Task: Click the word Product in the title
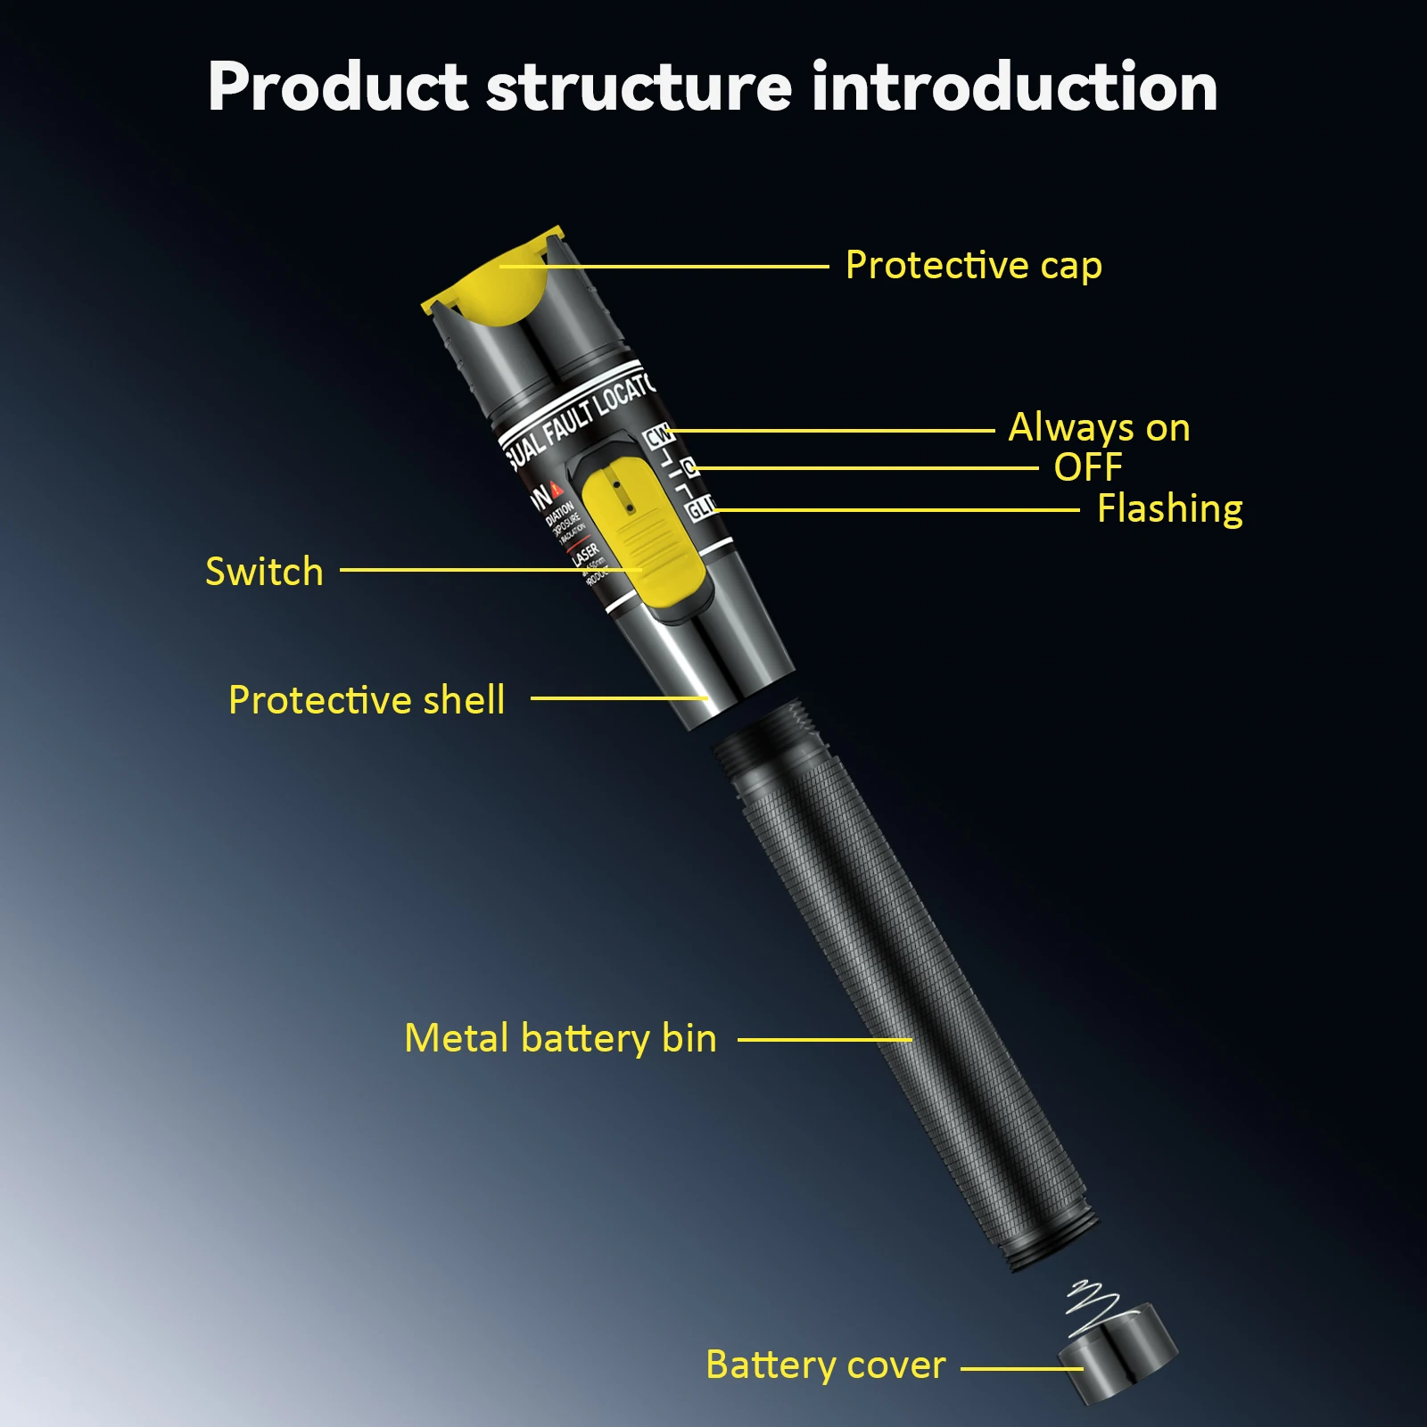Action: pyautogui.click(x=337, y=87)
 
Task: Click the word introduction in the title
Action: pyautogui.click(x=1014, y=87)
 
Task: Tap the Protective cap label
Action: pyautogui.click(x=973, y=266)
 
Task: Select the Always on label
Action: pyautogui.click(x=1099, y=428)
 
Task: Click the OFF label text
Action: pyautogui.click(x=1087, y=467)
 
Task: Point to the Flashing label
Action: pyautogui.click(x=1169, y=509)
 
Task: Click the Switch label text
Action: pyautogui.click(x=264, y=572)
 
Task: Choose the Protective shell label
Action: pyautogui.click(x=367, y=700)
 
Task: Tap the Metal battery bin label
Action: pyautogui.click(x=560, y=1039)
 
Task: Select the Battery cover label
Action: pyautogui.click(x=825, y=1365)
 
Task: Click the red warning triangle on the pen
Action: pyautogui.click(x=556, y=489)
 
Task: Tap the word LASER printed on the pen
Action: pyautogui.click(x=585, y=554)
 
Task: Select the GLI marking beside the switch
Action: pyautogui.click(x=700, y=508)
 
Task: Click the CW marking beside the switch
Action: pyautogui.click(x=658, y=436)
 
